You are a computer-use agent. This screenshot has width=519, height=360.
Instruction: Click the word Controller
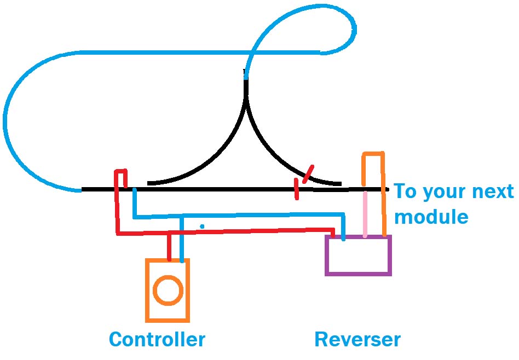coord(157,339)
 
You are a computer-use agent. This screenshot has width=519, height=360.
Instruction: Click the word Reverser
coord(357,339)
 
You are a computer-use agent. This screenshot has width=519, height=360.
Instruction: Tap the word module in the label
coord(431,217)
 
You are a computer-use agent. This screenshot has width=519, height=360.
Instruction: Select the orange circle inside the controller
coord(168,290)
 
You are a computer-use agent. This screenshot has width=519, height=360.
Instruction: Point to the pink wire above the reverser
coord(365,213)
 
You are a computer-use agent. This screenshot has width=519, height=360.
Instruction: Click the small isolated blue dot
coord(202,226)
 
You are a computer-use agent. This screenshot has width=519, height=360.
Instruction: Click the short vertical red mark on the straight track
coord(297,189)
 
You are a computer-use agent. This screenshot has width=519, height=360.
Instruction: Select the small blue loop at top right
coord(328,27)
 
